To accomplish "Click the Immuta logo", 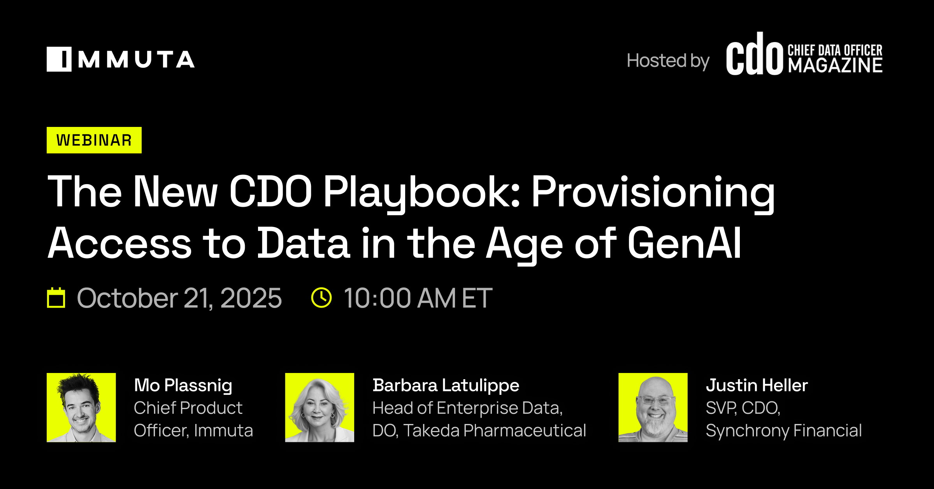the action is [121, 59].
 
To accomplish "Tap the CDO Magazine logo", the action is [804, 54].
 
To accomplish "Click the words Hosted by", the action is [668, 61].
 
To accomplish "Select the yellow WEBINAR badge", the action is [94, 140].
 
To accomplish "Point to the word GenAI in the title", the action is [685, 243].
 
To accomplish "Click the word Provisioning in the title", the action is [653, 192].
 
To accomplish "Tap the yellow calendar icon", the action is [56, 298].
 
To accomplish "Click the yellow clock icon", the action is [321, 298].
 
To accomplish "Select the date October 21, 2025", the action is [179, 298].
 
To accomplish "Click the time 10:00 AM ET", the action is [418, 298].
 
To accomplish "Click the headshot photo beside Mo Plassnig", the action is [81, 408].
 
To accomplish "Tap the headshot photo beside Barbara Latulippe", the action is [320, 408].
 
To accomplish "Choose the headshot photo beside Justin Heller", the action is [653, 408].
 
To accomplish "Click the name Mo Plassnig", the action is [183, 385].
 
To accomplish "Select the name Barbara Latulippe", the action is [446, 385].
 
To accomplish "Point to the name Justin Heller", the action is [757, 385].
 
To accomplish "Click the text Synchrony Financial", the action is [784, 431].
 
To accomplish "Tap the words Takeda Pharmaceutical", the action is [495, 431].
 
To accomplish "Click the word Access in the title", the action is [119, 243].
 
